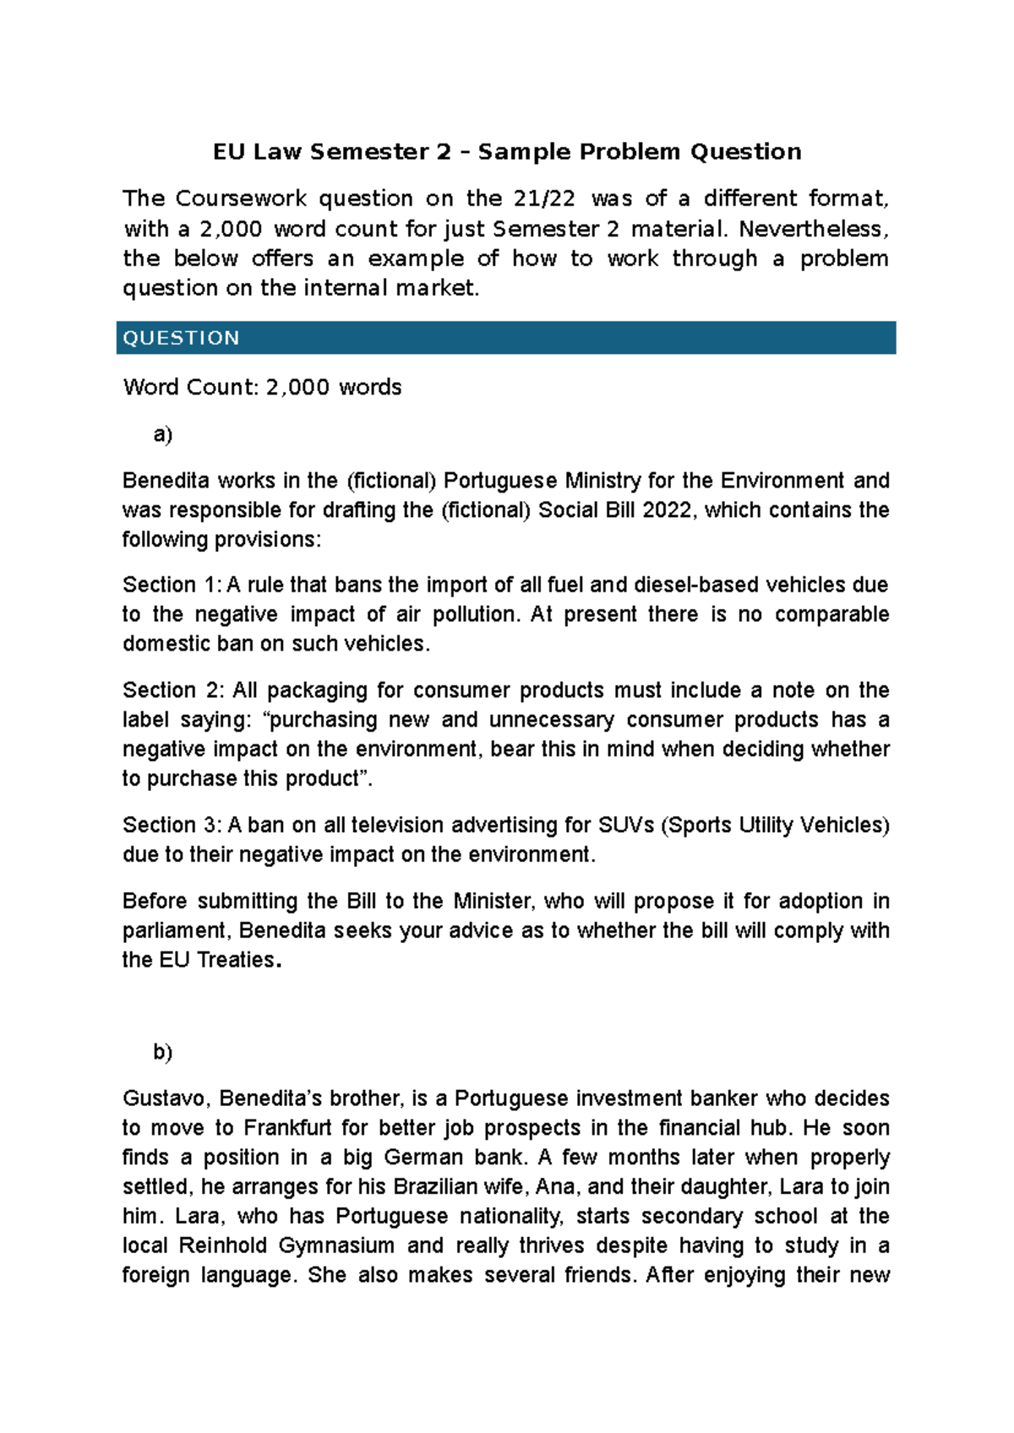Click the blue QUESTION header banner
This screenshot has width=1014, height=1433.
pos(505,338)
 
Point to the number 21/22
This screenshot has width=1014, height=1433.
pos(544,199)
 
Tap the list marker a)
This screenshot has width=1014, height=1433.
pos(162,434)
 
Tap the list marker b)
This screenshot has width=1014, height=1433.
pos(162,1052)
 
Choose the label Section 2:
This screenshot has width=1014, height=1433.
pos(172,690)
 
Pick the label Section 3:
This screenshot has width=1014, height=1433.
pos(172,825)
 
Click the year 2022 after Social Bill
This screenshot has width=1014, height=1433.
pos(667,510)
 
